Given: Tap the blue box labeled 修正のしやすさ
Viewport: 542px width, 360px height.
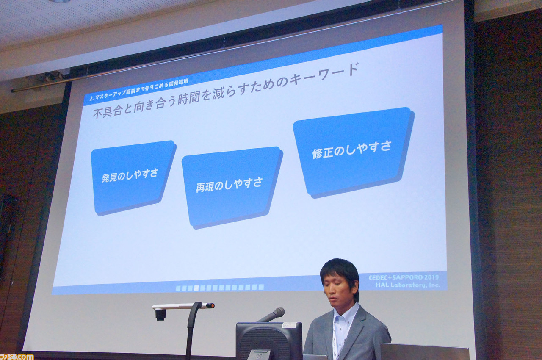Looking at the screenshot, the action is (x=353, y=152).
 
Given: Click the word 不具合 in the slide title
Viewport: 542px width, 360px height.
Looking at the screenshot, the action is (x=107, y=112).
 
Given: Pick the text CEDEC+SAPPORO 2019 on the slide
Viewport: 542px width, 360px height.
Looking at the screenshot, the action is (x=404, y=277).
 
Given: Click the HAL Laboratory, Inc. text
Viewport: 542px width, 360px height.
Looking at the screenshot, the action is (x=407, y=285).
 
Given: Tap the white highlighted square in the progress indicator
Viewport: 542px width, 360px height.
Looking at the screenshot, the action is (x=196, y=288).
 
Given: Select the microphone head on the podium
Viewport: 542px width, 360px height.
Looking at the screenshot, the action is (x=279, y=312).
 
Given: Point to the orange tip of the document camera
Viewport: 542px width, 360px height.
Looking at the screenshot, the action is (x=211, y=305).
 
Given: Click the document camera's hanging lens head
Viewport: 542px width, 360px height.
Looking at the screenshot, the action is (x=160, y=315).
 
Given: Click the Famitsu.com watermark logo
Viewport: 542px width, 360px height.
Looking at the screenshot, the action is (x=17, y=357).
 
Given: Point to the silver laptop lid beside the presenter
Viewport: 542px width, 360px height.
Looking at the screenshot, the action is (x=425, y=351).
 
